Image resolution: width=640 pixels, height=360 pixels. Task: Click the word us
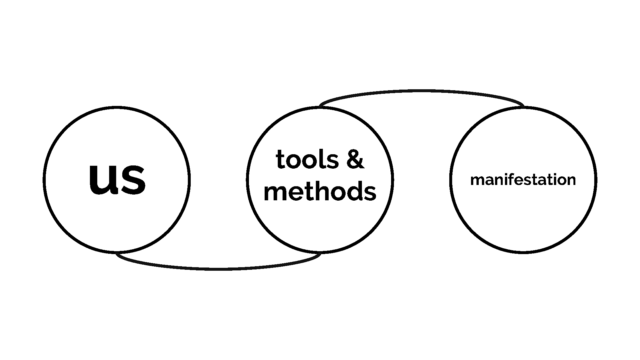point(117,179)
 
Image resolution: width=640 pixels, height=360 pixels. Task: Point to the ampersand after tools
point(355,160)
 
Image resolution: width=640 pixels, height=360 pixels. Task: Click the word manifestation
point(523,180)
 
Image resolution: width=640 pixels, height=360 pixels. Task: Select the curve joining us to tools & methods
point(218,268)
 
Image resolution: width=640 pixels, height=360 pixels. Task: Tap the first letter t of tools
point(280,160)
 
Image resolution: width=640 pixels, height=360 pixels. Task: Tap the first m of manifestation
point(477,181)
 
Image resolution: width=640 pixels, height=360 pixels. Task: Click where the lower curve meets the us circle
point(117,253)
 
